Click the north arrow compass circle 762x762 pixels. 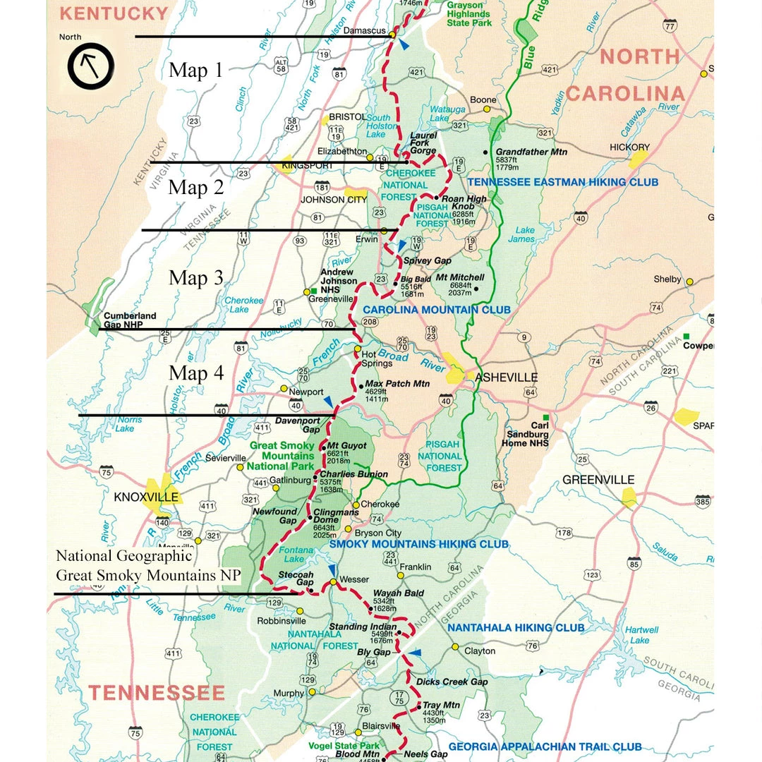click(90, 66)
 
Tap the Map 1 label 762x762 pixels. click(195, 70)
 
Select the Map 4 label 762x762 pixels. click(196, 373)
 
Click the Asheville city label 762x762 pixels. click(506, 377)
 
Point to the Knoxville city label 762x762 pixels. click(146, 497)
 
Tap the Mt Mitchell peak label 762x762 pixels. click(462, 278)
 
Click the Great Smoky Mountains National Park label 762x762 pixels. click(282, 456)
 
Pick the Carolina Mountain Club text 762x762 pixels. click(437, 310)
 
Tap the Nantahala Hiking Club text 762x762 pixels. click(516, 627)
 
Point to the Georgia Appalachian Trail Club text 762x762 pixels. click(545, 746)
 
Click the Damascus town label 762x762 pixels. click(364, 30)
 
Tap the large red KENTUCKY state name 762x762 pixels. click(114, 13)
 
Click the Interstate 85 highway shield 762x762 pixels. click(634, 563)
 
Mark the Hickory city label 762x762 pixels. click(629, 147)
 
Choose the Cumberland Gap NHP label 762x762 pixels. click(130, 320)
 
